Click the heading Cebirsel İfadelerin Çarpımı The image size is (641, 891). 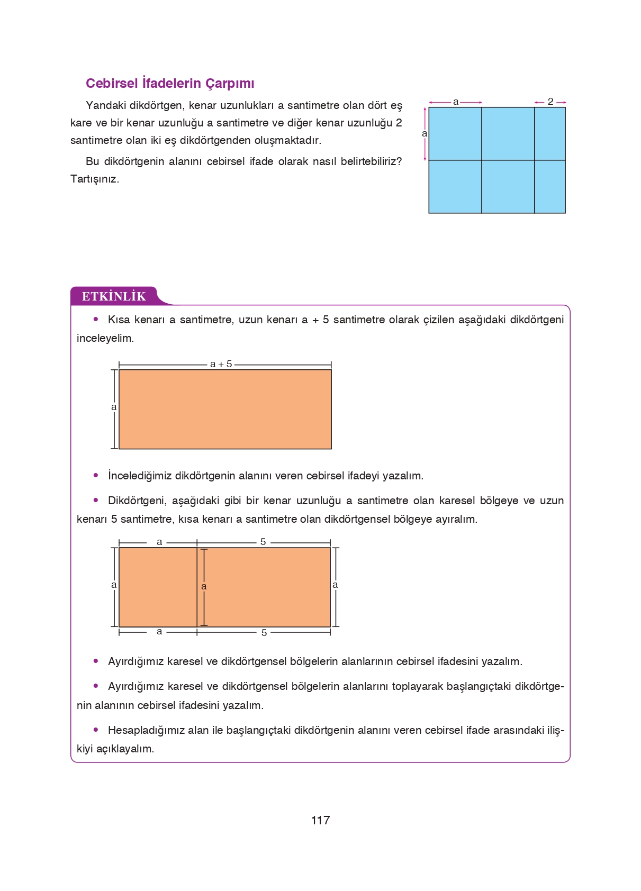(170, 84)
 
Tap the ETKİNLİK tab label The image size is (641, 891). (114, 296)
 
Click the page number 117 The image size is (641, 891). (320, 820)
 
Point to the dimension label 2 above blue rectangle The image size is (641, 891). (550, 102)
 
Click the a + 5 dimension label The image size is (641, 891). (221, 364)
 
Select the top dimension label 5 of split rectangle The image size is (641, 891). (263, 542)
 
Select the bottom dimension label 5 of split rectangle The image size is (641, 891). (264, 632)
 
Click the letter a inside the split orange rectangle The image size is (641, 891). (204, 587)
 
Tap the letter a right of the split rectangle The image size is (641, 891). (335, 585)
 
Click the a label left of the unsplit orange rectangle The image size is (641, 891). (114, 407)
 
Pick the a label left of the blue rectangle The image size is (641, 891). (425, 134)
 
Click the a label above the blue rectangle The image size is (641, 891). (456, 102)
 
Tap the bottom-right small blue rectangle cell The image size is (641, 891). (550, 187)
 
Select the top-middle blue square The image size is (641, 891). (508, 134)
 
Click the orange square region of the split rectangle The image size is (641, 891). (158, 587)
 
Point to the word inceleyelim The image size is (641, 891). (105, 338)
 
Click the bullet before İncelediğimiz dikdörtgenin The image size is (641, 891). (96, 475)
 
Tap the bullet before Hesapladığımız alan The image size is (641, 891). (96, 730)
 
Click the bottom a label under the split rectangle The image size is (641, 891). (159, 631)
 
